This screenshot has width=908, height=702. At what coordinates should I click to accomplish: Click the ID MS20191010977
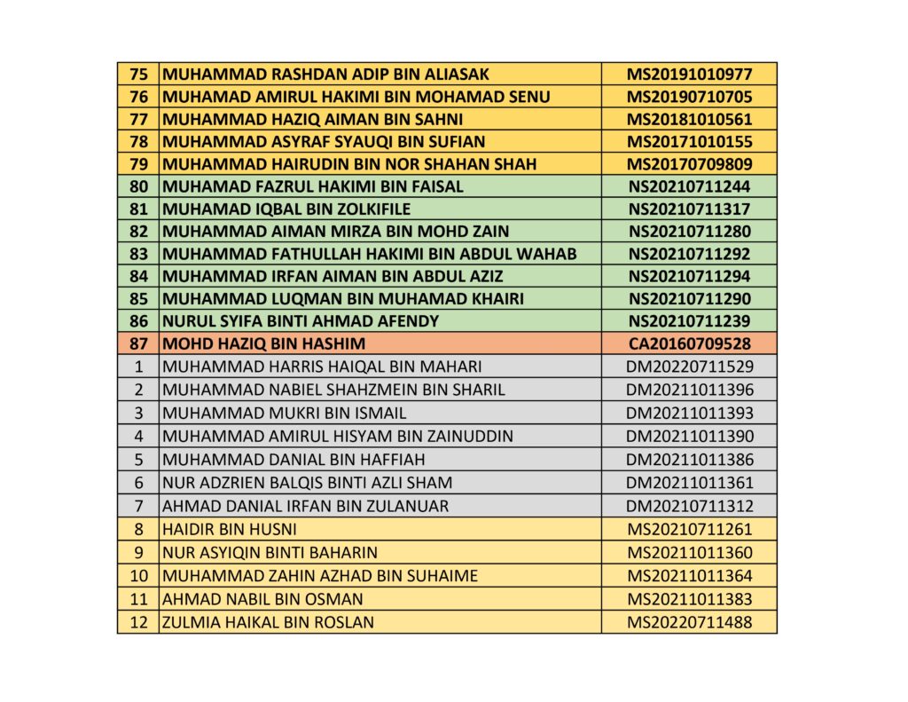coord(689,75)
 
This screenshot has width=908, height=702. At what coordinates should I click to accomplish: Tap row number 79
coord(138,164)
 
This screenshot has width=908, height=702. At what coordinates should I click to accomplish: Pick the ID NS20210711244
coord(689,187)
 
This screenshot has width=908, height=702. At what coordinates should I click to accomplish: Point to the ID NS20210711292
coord(689,254)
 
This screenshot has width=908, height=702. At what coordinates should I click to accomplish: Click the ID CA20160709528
coord(689,343)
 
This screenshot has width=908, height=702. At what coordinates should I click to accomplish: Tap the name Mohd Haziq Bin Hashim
coord(264,343)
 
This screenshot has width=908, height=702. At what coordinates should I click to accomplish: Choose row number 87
coord(138,343)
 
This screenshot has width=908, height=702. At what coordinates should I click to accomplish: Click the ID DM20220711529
coord(689,366)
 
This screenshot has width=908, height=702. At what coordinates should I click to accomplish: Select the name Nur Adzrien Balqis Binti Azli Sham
coord(307,483)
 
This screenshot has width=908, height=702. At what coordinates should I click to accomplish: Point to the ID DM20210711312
coord(689,506)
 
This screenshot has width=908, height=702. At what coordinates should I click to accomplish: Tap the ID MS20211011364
coord(689,576)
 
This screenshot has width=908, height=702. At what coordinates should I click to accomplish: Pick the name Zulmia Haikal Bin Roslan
coord(268,622)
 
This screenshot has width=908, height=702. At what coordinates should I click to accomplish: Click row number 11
coord(138,599)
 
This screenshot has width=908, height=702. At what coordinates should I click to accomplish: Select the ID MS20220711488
coord(689,622)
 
